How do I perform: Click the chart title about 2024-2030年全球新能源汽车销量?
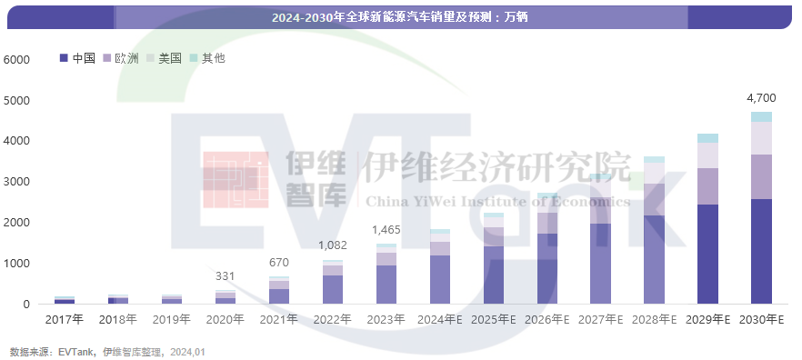400,17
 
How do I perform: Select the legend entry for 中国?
78,58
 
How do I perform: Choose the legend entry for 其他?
207,58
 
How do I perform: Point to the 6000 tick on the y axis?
17,60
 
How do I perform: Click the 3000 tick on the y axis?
17,182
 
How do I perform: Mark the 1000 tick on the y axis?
17,264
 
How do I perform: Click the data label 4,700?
760,97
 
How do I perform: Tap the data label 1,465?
386,230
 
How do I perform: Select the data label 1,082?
333,245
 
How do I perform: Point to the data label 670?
279,263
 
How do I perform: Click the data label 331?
226,276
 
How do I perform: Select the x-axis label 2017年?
65,319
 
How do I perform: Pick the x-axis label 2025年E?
493,319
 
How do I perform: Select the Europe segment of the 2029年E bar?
707,186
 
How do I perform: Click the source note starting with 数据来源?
107,350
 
